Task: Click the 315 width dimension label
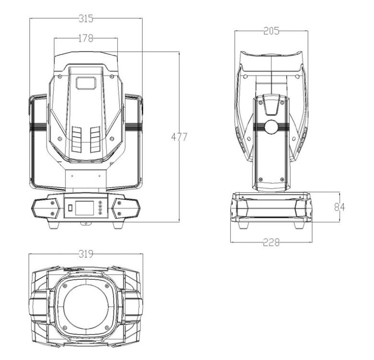(x=86, y=18)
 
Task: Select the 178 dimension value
(x=86, y=38)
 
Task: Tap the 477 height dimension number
(x=179, y=137)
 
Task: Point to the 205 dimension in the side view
(x=271, y=31)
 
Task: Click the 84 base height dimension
(x=339, y=207)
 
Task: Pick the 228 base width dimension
(x=271, y=243)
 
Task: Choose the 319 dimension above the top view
(x=86, y=254)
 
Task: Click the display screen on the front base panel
(x=84, y=208)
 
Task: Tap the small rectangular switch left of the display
(x=70, y=208)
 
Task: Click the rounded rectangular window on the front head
(x=86, y=83)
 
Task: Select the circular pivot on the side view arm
(x=271, y=127)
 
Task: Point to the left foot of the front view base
(x=54, y=225)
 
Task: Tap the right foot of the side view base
(x=299, y=225)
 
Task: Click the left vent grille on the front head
(x=76, y=140)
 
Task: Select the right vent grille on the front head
(x=95, y=139)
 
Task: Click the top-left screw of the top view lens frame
(x=65, y=286)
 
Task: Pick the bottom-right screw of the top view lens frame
(x=107, y=327)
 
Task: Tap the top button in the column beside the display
(x=100, y=202)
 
